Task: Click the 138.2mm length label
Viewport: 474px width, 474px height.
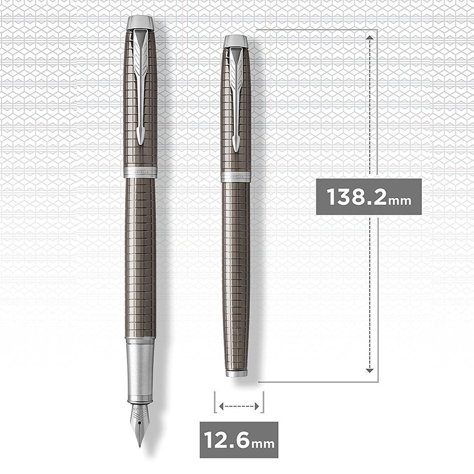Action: point(369,197)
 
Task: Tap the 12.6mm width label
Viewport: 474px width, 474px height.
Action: point(239,440)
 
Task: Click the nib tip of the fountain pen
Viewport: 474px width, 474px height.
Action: point(139,446)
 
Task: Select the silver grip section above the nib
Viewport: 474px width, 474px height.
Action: point(140,370)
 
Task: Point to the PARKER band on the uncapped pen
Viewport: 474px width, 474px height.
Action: point(140,172)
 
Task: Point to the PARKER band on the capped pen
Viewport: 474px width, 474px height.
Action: point(236,177)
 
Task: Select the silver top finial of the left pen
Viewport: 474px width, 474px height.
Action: point(140,23)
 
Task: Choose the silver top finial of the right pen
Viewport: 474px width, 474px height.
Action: point(236,41)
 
